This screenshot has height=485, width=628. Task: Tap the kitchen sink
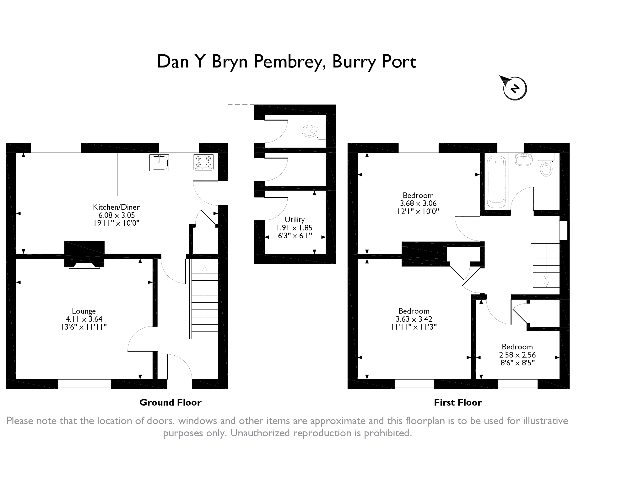coord(160,163)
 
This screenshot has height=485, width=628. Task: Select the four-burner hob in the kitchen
coord(203,163)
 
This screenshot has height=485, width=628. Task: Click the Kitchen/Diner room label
coord(116,207)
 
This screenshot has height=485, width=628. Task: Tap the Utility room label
coord(295,220)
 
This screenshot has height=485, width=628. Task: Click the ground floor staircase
coord(204,302)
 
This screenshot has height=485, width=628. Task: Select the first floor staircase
coord(545,269)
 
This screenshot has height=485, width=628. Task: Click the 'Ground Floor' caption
coord(170,402)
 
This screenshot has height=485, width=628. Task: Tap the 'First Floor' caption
coord(458,402)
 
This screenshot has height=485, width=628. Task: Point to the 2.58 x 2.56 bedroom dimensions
coord(517,355)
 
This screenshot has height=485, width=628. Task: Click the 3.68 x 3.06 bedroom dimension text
coord(418,203)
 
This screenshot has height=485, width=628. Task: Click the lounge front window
coord(84,384)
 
